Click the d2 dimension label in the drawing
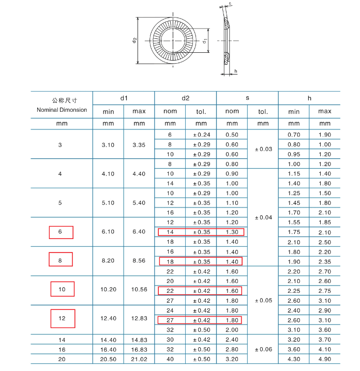(134, 40)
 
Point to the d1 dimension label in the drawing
(205, 41)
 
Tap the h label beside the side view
(235, 71)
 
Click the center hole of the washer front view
(173, 40)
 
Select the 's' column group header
(247, 98)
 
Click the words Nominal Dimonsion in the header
(62, 110)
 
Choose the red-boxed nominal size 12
(62, 318)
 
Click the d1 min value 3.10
(108, 145)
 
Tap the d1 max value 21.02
(139, 359)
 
